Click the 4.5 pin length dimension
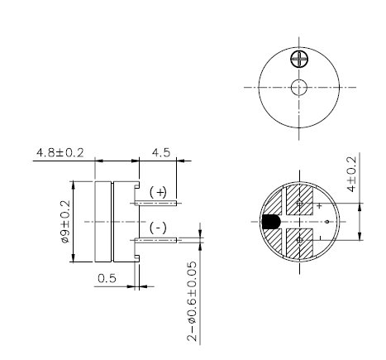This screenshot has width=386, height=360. point(160,152)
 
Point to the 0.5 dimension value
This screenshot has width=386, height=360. point(107,278)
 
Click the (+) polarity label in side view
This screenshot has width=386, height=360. point(158,191)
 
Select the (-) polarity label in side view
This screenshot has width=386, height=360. point(158,228)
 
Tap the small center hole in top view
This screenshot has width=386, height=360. point(299,88)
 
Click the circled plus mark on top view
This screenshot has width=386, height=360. point(298,59)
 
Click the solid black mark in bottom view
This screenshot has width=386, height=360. point(270,222)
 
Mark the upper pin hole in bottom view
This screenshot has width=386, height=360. point(299,203)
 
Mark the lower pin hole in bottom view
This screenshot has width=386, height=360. point(299,241)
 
